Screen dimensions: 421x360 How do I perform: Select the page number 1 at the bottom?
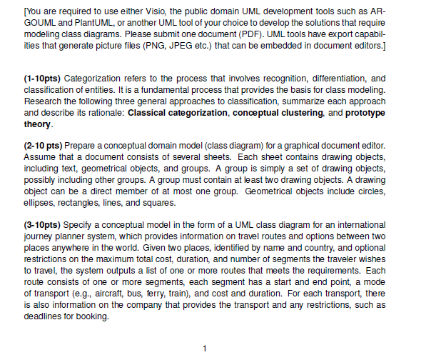(206, 349)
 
